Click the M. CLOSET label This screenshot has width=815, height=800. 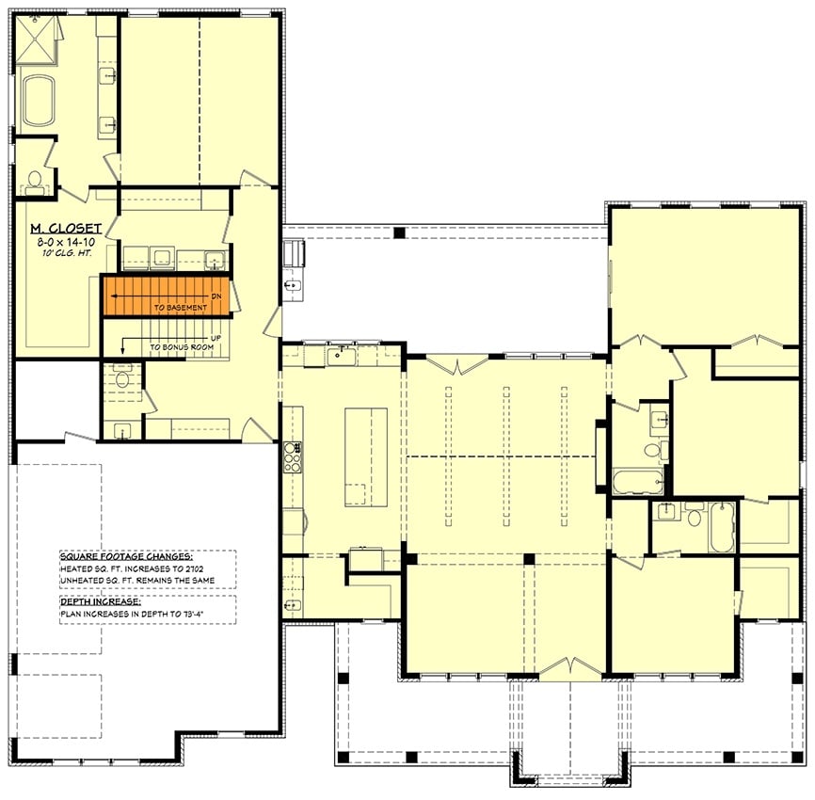click(x=59, y=228)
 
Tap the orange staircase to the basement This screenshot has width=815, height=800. click(x=166, y=296)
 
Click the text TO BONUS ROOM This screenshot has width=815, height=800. click(x=181, y=347)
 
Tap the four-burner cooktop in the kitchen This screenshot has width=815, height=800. click(x=292, y=456)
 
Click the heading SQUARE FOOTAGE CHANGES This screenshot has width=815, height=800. click(x=125, y=556)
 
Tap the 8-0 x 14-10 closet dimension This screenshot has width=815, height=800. click(x=59, y=242)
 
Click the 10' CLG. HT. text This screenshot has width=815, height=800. click(x=59, y=254)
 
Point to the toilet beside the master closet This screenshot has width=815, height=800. click(x=35, y=179)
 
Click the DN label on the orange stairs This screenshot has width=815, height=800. click(x=217, y=295)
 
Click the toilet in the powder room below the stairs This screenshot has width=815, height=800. click(x=120, y=379)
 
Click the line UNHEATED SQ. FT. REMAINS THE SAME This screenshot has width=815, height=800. click(x=146, y=580)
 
